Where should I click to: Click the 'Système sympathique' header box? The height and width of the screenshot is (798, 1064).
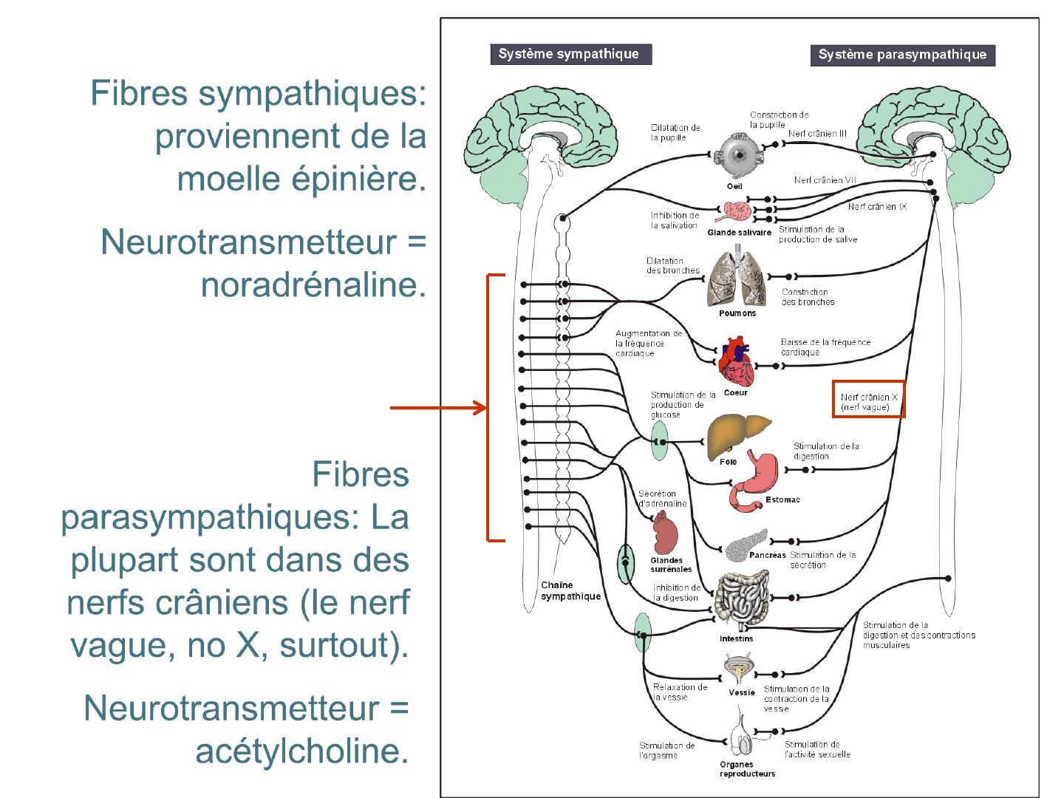(570, 54)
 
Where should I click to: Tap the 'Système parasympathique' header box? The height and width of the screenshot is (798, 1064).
(902, 55)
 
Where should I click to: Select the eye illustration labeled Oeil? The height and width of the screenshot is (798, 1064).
(736, 154)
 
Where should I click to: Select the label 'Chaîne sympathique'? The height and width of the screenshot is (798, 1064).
(570, 590)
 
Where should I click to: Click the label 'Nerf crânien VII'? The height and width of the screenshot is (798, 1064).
(825, 180)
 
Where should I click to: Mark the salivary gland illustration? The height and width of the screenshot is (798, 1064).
(736, 213)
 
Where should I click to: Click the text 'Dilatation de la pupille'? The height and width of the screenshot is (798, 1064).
(675, 132)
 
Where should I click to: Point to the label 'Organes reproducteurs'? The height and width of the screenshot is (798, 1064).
(747, 769)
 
